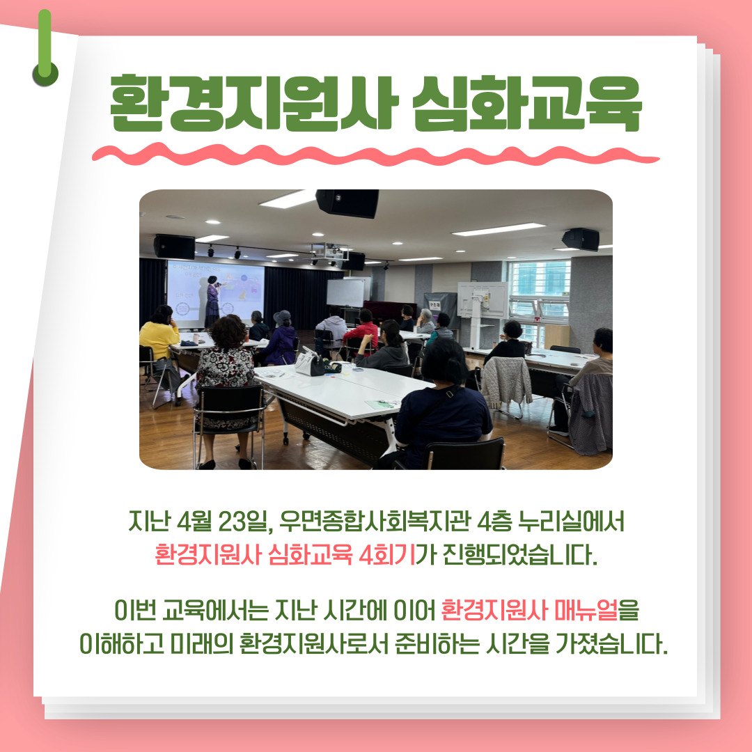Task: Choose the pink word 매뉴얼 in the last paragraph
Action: tap(586, 611)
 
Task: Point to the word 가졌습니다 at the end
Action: tap(611, 644)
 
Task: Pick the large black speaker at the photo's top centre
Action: tap(347, 203)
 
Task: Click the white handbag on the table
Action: tap(310, 362)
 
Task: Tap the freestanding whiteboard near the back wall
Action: tap(345, 292)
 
